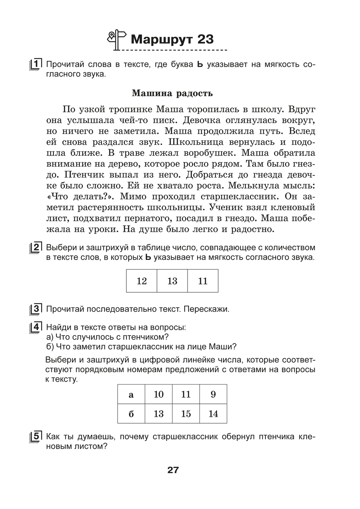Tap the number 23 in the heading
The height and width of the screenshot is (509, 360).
point(206,39)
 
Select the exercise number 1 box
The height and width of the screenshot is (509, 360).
point(36,64)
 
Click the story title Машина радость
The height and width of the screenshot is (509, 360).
point(172,93)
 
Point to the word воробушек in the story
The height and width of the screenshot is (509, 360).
point(208,153)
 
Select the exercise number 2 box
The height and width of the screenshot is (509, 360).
point(36,248)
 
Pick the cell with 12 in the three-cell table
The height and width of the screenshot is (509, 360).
point(141,281)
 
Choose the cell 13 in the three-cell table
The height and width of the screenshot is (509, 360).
point(172,281)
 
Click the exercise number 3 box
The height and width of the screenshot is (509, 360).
point(36,309)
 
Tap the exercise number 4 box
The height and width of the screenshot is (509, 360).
point(36,327)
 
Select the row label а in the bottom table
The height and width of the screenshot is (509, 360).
point(131,395)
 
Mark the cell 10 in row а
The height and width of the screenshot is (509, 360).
point(158,395)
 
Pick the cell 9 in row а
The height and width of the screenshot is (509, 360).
point(213,395)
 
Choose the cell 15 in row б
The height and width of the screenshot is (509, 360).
point(186,414)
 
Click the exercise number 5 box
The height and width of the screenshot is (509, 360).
point(36,437)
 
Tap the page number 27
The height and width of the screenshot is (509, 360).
point(173,470)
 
